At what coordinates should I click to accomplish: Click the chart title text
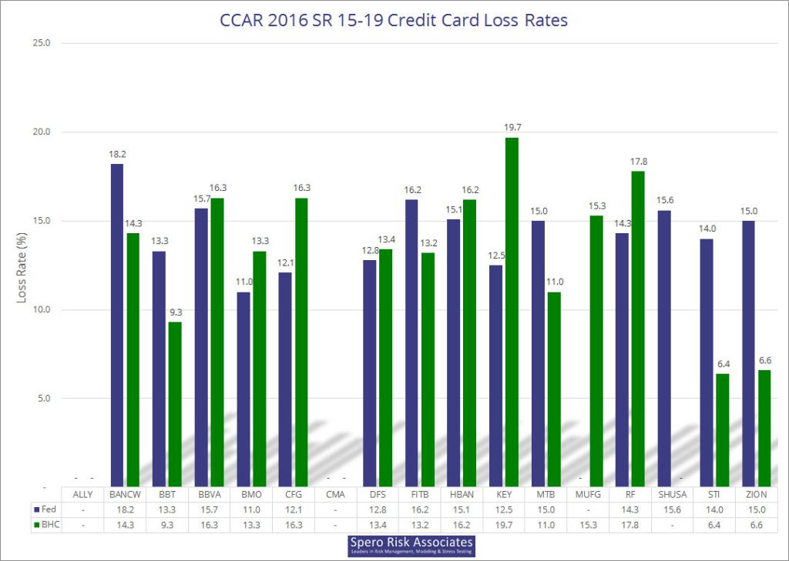[394, 20]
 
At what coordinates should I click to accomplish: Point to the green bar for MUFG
[596, 350]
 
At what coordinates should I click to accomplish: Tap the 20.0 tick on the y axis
[39, 132]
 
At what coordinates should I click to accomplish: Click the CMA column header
[335, 493]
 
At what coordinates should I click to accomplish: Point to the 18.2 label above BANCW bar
[117, 154]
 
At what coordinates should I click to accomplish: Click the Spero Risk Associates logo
[411, 546]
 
